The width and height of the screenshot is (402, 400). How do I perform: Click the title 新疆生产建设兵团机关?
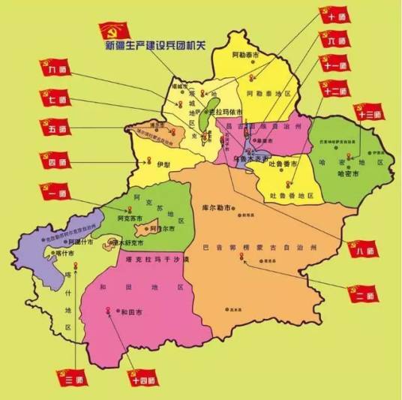(x=157, y=47)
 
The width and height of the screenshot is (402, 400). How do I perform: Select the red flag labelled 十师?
(x=332, y=14)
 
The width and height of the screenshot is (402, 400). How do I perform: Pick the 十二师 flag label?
(x=332, y=90)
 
